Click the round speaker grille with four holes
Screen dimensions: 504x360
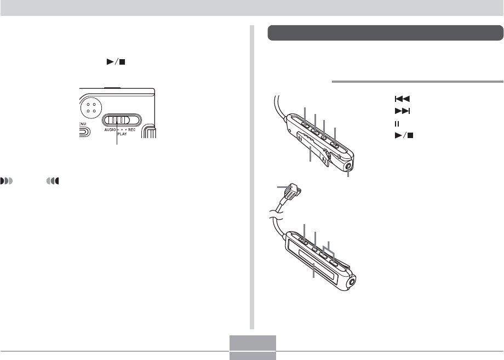(x=91, y=108)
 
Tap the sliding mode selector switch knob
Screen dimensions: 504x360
(x=117, y=120)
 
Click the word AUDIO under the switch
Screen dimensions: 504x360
(x=110, y=130)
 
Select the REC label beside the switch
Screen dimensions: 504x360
(x=132, y=130)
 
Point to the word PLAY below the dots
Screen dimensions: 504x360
(x=122, y=134)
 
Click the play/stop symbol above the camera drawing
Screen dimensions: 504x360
(x=116, y=62)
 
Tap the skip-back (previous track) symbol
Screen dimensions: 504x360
(x=402, y=99)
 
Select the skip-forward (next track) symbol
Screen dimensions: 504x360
(x=402, y=111)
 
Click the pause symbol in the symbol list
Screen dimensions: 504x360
(x=397, y=124)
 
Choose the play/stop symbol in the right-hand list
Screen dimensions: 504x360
(x=404, y=136)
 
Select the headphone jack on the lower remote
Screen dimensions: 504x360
(x=352, y=283)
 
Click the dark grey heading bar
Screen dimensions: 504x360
(x=385, y=33)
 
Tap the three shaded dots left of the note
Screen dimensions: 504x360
(x=7, y=181)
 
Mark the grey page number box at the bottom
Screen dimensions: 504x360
(x=253, y=347)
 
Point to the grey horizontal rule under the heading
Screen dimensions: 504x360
(x=417, y=82)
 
